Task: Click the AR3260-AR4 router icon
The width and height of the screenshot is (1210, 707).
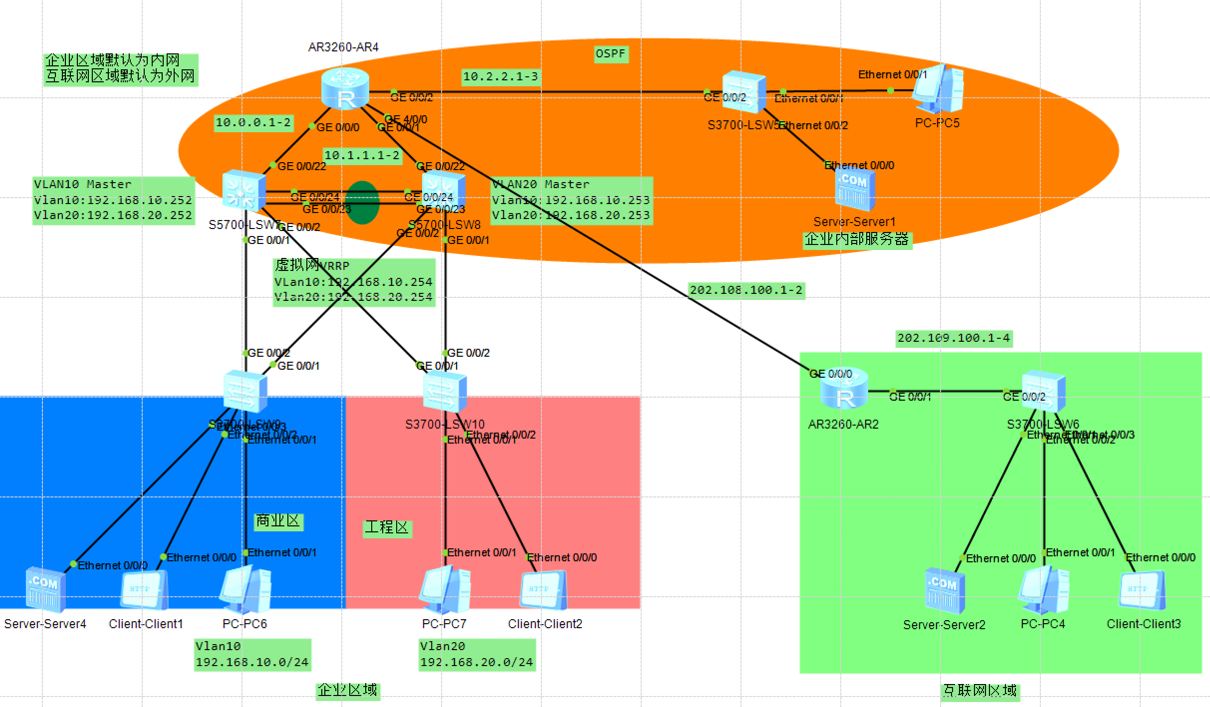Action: [x=345, y=89]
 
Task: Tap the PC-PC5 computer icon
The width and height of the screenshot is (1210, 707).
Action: [x=938, y=90]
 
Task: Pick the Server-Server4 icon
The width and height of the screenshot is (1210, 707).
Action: [x=45, y=589]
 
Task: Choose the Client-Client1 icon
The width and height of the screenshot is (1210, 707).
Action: [x=144, y=590]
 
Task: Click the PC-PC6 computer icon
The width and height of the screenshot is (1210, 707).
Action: [x=245, y=589]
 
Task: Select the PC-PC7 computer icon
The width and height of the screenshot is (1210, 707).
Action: [x=445, y=589]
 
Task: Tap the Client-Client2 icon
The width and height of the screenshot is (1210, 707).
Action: [x=543, y=590]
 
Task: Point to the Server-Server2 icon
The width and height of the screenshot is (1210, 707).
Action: [x=944, y=590]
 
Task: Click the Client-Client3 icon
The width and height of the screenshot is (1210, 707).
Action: [x=1142, y=590]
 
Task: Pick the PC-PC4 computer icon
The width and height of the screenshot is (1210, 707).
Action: [x=1043, y=589]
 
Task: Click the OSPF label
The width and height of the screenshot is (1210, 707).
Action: [x=611, y=54]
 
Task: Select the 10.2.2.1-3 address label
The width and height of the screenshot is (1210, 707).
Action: [x=500, y=77]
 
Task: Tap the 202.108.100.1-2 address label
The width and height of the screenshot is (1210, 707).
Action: [x=746, y=290]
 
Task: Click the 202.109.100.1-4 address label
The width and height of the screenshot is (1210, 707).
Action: [x=954, y=338]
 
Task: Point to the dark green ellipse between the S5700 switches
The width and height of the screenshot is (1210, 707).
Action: [x=362, y=203]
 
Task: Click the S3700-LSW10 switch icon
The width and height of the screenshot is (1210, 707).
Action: [x=445, y=392]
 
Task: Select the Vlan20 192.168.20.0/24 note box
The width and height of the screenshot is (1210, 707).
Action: [x=477, y=655]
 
